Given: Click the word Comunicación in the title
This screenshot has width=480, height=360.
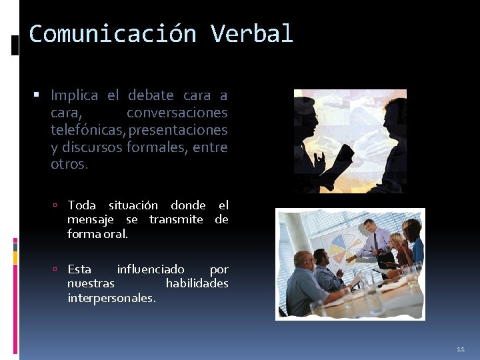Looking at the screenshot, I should coord(113,33).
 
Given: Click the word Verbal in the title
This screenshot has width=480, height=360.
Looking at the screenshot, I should coord(252,33).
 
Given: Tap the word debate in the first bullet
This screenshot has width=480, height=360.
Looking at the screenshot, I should coord(150,95).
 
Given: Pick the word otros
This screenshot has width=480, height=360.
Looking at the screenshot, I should coord(69,164).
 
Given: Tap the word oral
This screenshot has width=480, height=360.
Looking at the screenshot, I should coord(116,234).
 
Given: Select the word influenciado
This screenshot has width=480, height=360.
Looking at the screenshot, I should coord(151,269).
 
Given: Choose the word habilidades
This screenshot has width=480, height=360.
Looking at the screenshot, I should coord(197,283).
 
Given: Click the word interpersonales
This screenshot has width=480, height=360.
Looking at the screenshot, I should coord(111,298).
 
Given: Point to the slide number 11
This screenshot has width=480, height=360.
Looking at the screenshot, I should coord(461,349).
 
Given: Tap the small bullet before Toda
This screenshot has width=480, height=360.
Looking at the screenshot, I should coord(59,205).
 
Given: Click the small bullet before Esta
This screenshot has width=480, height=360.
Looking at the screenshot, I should coord(59,269).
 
